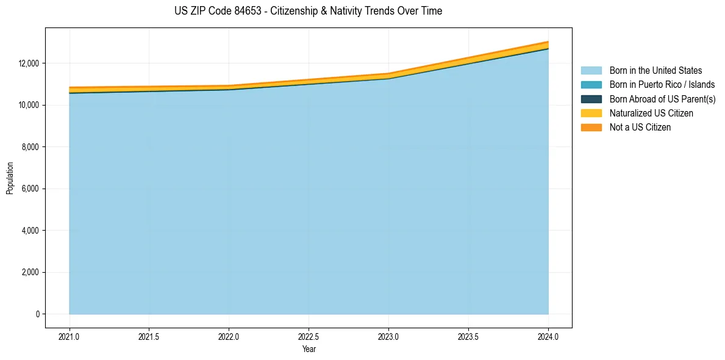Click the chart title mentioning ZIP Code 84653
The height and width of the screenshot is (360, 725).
coord(308,11)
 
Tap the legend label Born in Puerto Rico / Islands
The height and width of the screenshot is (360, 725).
coord(662,85)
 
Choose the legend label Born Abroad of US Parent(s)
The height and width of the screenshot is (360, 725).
coord(662,99)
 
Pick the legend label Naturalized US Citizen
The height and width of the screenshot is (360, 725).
coord(651,113)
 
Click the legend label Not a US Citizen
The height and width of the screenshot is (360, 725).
coord(640,128)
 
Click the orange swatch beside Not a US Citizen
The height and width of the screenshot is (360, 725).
coord(591,128)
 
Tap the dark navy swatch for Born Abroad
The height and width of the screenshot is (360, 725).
coord(591,99)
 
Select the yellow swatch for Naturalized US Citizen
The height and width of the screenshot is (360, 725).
coord(591,113)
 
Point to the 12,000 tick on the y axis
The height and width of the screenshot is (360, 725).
coord(29,63)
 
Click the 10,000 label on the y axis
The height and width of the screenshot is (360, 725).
coord(29,105)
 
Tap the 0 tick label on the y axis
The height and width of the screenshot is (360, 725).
coord(37,314)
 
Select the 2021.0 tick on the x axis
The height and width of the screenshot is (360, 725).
coord(69,336)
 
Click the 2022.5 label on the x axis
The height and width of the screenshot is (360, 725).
coord(309,336)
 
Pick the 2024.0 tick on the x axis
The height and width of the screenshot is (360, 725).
coord(548,336)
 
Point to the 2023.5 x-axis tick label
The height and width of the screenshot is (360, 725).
coord(468,336)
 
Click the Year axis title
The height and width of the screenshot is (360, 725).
coord(309,349)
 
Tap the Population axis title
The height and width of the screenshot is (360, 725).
coord(10,178)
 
